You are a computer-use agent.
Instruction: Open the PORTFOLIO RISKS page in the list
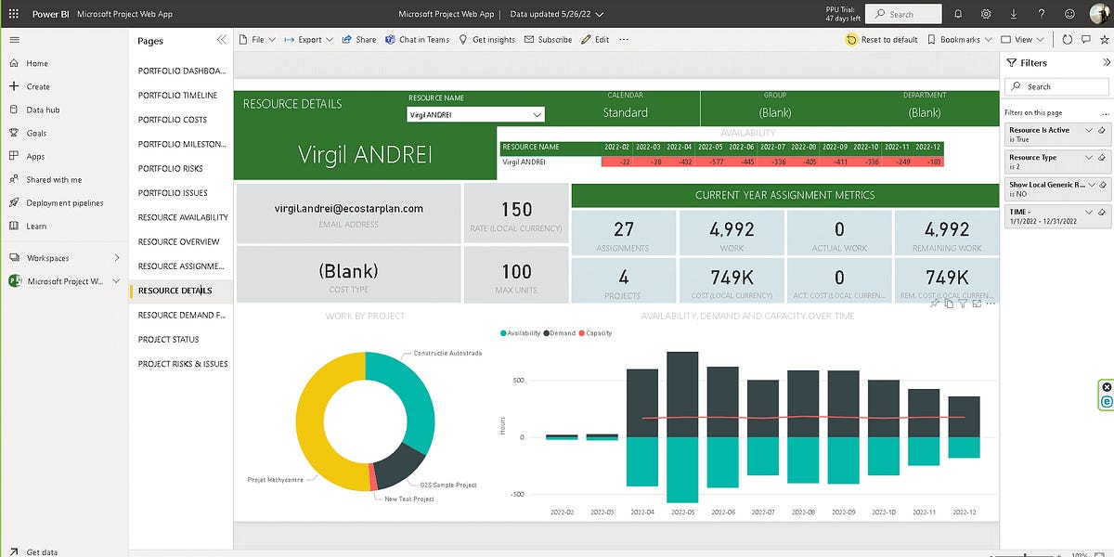tap(171, 168)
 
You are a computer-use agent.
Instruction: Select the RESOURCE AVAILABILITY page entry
tap(183, 217)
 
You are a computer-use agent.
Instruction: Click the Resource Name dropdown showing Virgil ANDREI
tap(475, 114)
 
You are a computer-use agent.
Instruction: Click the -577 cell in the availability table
tap(712, 162)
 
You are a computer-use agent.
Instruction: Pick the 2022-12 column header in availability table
tap(927, 147)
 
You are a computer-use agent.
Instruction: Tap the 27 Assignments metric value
tap(623, 229)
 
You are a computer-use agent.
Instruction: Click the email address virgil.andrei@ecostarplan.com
tap(349, 209)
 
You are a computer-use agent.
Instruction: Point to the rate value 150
tap(516, 210)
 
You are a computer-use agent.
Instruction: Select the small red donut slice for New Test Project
tap(373, 477)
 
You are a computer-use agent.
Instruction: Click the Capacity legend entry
tap(595, 333)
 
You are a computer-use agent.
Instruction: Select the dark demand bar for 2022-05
tap(682, 395)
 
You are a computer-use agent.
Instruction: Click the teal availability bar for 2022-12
tap(964, 447)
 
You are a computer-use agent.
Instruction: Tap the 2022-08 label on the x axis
tap(803, 512)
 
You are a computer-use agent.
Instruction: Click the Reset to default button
tap(882, 40)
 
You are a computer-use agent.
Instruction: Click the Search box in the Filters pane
tap(1056, 86)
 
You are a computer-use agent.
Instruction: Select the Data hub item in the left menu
tap(43, 110)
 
